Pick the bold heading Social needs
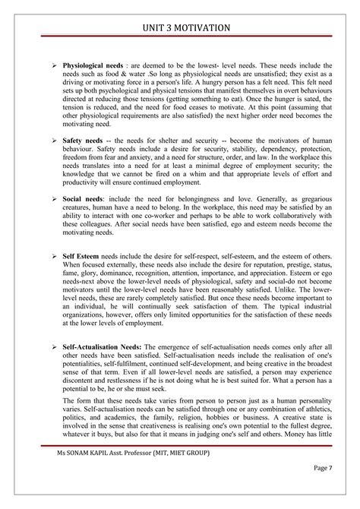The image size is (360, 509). coord(84,198)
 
